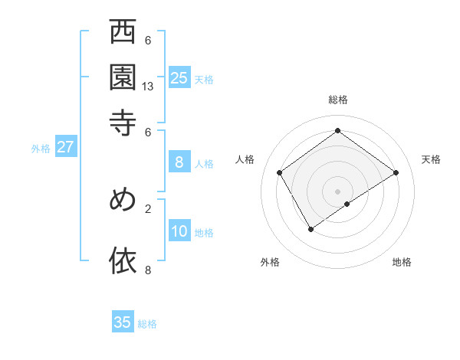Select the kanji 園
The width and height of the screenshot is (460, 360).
point(123,77)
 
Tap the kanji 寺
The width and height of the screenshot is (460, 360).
point(123,122)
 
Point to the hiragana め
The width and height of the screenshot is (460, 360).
point(123,200)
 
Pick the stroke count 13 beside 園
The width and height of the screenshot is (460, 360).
point(148,87)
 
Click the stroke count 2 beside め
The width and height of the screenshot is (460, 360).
point(148,208)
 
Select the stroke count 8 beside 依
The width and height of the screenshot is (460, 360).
point(148,269)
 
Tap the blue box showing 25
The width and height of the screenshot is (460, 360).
point(179,77)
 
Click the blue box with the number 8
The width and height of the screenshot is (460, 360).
point(179,162)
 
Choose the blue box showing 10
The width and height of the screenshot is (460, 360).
point(179,231)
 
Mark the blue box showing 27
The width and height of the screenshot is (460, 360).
point(65,147)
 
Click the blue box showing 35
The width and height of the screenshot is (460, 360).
point(123,322)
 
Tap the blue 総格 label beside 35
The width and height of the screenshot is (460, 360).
point(147,324)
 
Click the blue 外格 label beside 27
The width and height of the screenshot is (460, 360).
point(41,149)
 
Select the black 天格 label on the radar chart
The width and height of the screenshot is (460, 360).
point(431,159)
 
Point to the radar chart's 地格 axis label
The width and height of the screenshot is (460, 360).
point(402,262)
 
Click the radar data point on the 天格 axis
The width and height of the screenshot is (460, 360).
point(396,172)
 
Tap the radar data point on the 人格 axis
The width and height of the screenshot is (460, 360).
point(280,172)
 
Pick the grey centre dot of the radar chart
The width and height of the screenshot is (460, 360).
point(338,191)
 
